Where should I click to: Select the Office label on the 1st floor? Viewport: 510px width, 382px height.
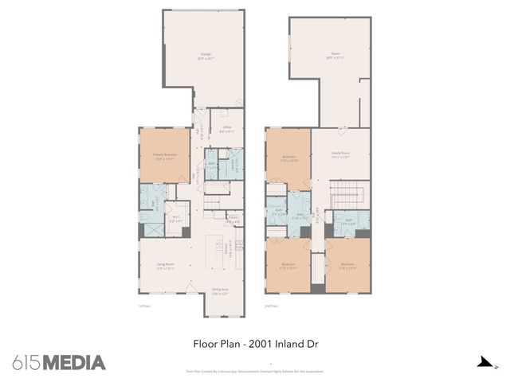[x=226, y=129]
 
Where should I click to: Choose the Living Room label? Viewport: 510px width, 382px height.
[x=165, y=266]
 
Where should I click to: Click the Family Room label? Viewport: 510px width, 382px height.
[x=341, y=155]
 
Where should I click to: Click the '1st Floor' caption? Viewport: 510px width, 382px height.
[x=143, y=306]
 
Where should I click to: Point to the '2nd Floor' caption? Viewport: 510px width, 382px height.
[x=271, y=306]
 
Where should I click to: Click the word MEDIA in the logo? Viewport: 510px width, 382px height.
[x=73, y=363]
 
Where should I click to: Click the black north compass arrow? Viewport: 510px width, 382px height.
[x=483, y=363]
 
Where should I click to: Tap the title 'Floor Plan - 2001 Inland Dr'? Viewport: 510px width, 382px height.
[x=254, y=345]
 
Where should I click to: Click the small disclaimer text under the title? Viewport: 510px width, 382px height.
[x=254, y=371]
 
